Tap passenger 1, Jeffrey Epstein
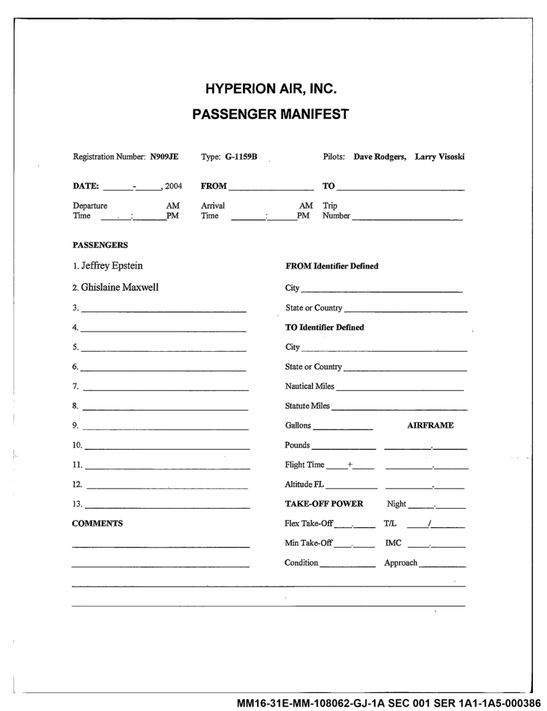(110, 265)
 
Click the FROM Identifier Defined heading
(332, 266)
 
